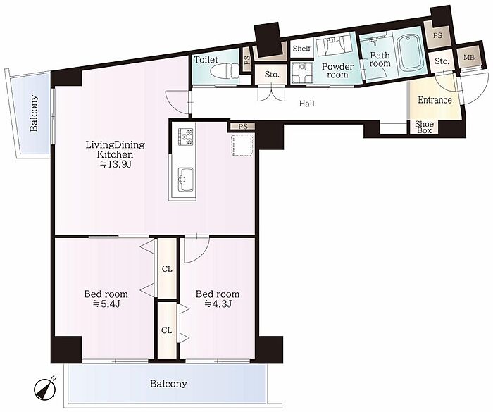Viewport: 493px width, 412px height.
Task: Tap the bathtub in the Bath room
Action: tap(409, 52)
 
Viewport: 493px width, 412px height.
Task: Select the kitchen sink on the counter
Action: tap(186, 180)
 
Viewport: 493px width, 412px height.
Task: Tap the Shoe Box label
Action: tap(424, 127)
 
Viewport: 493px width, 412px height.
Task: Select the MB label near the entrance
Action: tap(469, 58)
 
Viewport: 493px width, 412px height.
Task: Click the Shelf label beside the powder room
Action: tap(301, 49)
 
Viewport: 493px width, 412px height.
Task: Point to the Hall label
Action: tap(306, 103)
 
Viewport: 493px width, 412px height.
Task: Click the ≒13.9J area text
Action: tap(115, 164)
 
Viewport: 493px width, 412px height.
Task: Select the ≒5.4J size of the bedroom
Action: tap(106, 304)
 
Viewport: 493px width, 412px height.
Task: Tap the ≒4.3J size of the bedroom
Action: tap(218, 304)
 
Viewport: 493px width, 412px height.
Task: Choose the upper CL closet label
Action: tap(167, 269)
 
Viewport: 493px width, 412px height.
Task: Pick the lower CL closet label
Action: tap(167, 330)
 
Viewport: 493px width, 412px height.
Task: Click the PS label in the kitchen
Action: tap(243, 127)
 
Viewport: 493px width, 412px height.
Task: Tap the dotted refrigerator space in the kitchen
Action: tap(242, 144)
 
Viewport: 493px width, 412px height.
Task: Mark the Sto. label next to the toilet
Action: tap(272, 75)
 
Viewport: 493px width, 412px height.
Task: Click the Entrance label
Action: tap(435, 100)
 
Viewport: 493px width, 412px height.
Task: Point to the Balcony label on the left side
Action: tap(34, 113)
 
